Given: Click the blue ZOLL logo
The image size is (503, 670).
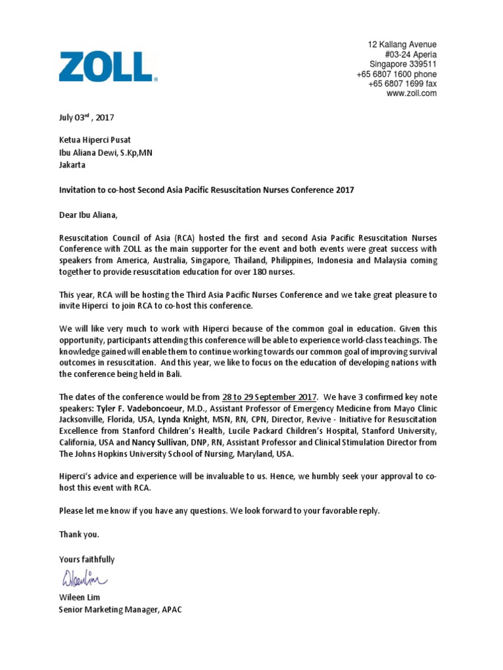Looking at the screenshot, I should (107, 67).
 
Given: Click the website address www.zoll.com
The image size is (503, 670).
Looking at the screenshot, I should (411, 94).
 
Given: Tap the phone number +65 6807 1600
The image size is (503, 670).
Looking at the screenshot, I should (396, 74).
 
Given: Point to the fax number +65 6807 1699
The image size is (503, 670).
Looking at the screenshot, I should (402, 84).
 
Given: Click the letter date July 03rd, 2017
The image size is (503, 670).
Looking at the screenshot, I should (86, 118).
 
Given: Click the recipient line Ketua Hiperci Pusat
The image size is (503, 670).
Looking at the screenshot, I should (95, 140).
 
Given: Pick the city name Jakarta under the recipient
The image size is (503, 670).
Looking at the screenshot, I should (73, 165).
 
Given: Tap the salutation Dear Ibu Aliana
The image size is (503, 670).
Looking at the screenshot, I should (91, 214).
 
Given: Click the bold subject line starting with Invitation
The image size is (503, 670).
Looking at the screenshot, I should (206, 190).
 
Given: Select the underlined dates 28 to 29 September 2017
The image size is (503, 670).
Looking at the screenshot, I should (270, 397).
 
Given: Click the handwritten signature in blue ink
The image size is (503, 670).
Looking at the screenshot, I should (85, 578).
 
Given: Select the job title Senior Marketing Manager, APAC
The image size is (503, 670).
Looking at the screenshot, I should (121, 609).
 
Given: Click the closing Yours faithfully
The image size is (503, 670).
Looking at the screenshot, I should (87, 559).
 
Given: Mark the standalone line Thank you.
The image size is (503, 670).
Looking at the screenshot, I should (79, 535).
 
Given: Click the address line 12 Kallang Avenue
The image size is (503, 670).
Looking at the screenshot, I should (401, 44).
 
